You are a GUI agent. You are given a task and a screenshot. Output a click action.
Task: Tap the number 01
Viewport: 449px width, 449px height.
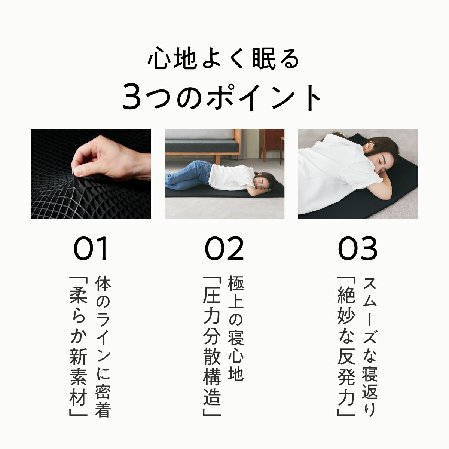(x=91, y=249)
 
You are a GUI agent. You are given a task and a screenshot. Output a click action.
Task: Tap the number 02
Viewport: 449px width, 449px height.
(x=224, y=249)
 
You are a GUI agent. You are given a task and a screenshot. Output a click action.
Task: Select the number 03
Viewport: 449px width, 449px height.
(x=358, y=249)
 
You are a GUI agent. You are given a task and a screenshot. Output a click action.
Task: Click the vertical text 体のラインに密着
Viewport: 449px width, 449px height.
(x=103, y=346)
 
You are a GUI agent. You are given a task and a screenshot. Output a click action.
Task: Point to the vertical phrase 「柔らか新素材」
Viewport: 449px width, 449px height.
(x=78, y=346)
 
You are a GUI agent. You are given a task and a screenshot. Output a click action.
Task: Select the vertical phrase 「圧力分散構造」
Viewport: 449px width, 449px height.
(x=211, y=346)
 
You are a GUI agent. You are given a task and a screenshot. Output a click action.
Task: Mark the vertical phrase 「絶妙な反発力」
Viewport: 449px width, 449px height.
(x=345, y=346)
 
